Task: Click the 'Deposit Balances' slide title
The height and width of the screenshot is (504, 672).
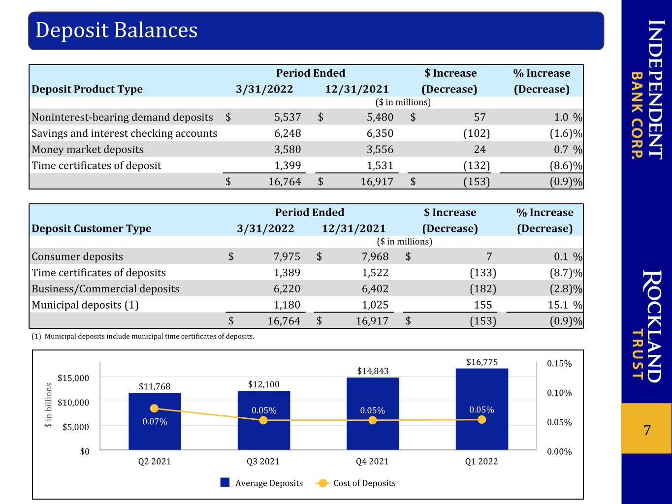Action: tap(117, 30)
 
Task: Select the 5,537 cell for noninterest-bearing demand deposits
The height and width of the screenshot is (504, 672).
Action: tap(288, 117)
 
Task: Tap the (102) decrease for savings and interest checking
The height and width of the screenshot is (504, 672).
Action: tap(477, 133)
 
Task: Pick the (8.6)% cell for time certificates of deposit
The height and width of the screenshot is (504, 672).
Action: tap(566, 165)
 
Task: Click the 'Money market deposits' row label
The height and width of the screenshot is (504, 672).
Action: tap(88, 149)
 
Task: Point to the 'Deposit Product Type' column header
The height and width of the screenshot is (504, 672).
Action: tap(87, 89)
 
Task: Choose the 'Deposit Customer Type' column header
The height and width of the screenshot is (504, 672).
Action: tap(92, 228)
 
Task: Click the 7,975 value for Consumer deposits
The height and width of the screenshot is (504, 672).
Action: tap(287, 256)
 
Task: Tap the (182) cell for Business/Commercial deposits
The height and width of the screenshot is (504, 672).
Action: tap(483, 289)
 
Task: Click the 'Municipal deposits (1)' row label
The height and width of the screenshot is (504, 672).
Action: tap(85, 305)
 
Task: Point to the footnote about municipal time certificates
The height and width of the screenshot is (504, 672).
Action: tap(143, 336)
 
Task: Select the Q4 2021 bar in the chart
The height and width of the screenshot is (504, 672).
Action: tap(373, 414)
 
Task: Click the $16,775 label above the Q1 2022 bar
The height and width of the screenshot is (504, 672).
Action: tap(482, 362)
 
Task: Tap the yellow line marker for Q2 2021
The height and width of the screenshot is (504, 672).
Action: tap(154, 408)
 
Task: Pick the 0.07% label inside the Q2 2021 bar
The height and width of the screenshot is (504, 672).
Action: tap(155, 422)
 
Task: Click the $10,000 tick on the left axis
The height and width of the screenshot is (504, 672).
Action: tap(73, 403)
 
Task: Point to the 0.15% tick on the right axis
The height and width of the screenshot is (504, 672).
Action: tap(559, 364)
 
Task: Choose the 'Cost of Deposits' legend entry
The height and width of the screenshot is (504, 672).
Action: tap(356, 483)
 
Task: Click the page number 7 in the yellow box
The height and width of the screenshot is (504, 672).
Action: tap(647, 431)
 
